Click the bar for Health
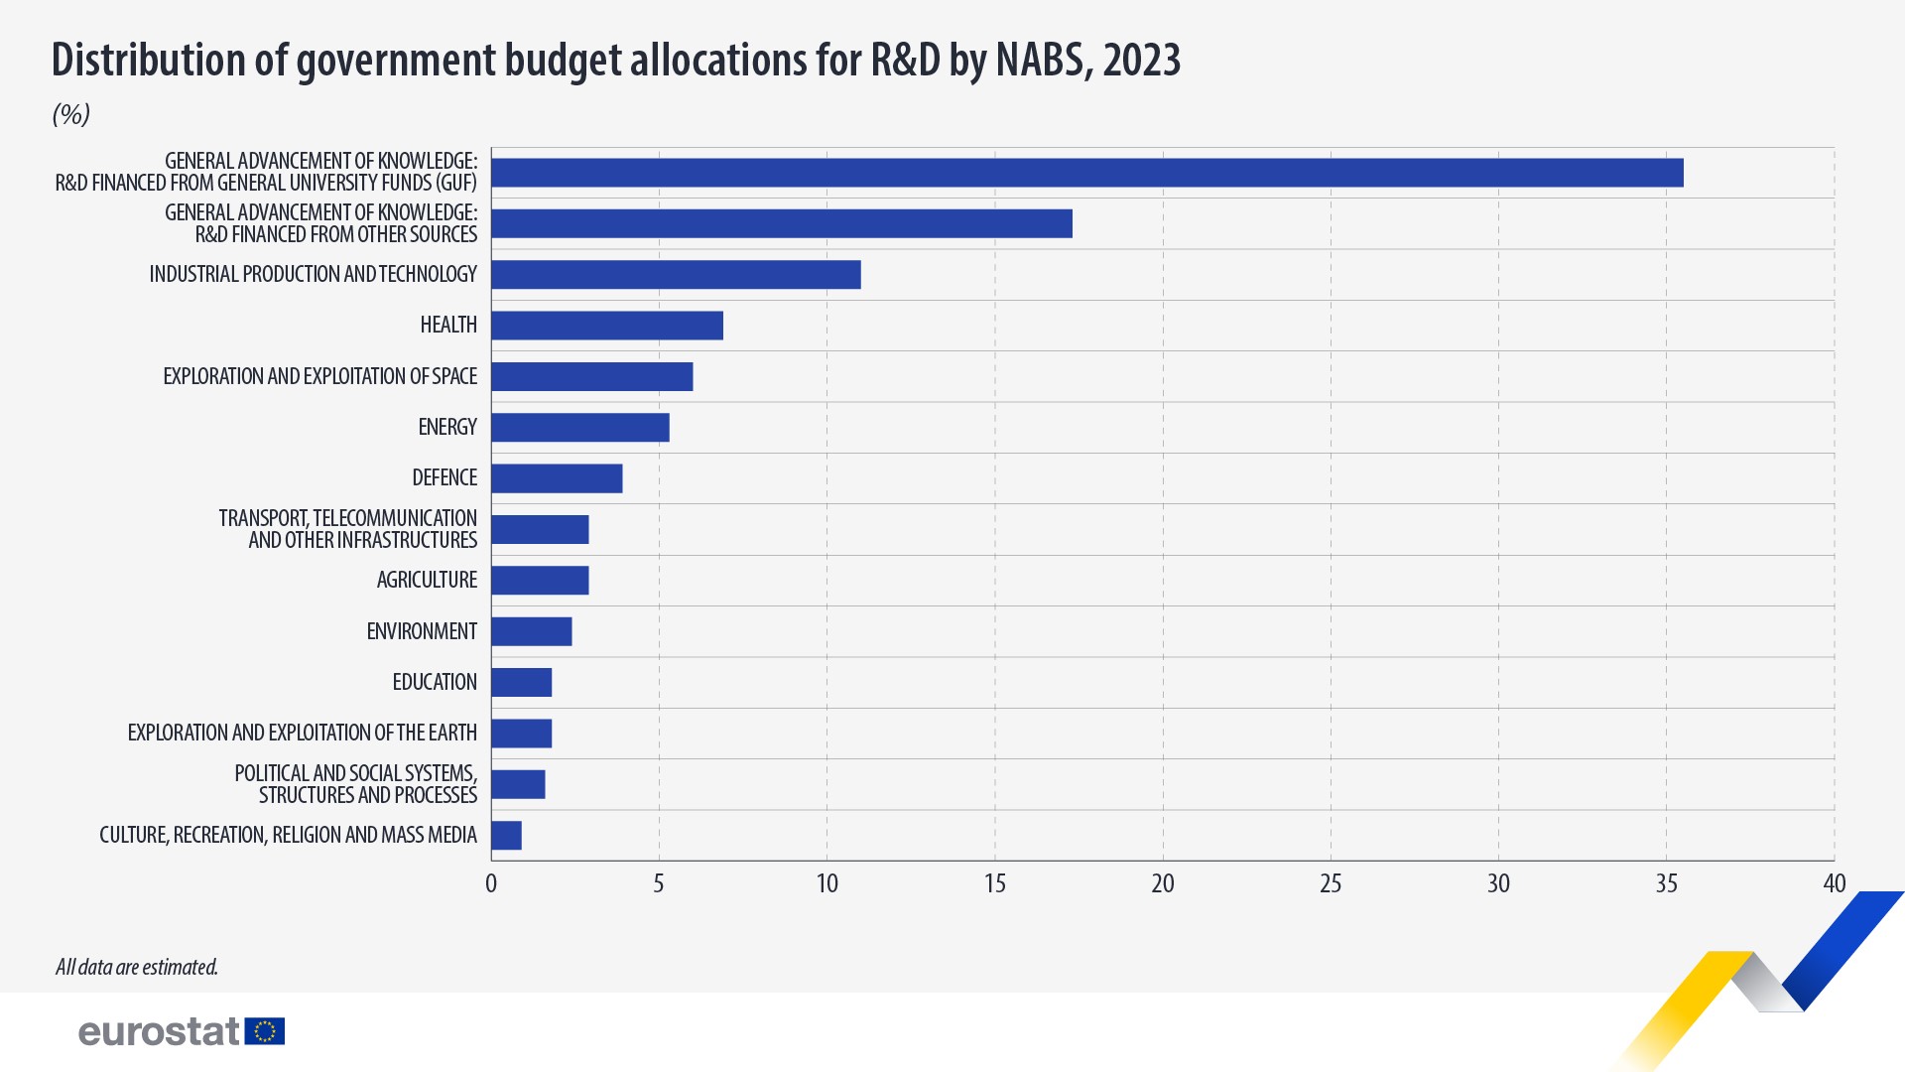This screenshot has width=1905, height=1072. tap(607, 326)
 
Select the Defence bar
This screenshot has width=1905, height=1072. tap(557, 478)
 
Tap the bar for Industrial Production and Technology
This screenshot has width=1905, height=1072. tap(676, 275)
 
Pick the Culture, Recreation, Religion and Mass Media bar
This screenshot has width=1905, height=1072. tap(506, 836)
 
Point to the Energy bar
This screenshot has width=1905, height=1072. tap(580, 428)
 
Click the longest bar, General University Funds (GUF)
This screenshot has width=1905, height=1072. tap(1086, 173)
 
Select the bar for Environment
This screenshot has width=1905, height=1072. tap(532, 631)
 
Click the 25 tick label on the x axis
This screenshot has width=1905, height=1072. tap(1331, 883)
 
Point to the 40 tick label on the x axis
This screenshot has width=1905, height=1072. tap(1834, 883)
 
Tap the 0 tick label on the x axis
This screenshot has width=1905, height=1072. tap(491, 883)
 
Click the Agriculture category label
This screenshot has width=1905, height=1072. tap(427, 580)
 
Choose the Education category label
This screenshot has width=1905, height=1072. tap(435, 682)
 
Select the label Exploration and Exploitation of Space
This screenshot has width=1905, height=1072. tap(319, 376)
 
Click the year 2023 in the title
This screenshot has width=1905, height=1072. tap(1141, 61)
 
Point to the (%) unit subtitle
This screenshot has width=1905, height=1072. tap(71, 114)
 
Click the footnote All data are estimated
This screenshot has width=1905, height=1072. tap(137, 967)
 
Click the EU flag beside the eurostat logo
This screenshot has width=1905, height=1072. tap(265, 1031)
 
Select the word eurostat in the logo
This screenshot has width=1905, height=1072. tap(159, 1031)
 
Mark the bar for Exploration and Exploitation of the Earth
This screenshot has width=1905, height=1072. tap(522, 734)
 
